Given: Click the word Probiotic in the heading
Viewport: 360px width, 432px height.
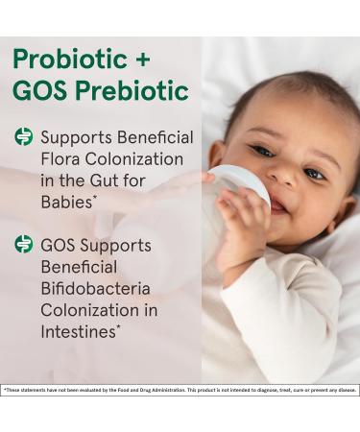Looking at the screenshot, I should coord(66,59).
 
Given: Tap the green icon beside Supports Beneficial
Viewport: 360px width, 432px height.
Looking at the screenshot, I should coord(23,137).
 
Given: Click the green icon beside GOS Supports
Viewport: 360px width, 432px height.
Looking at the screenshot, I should coord(23,245).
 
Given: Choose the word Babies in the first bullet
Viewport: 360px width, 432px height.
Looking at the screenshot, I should coord(66,203).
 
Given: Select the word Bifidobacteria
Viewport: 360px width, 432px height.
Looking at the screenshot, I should coord(95,289).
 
